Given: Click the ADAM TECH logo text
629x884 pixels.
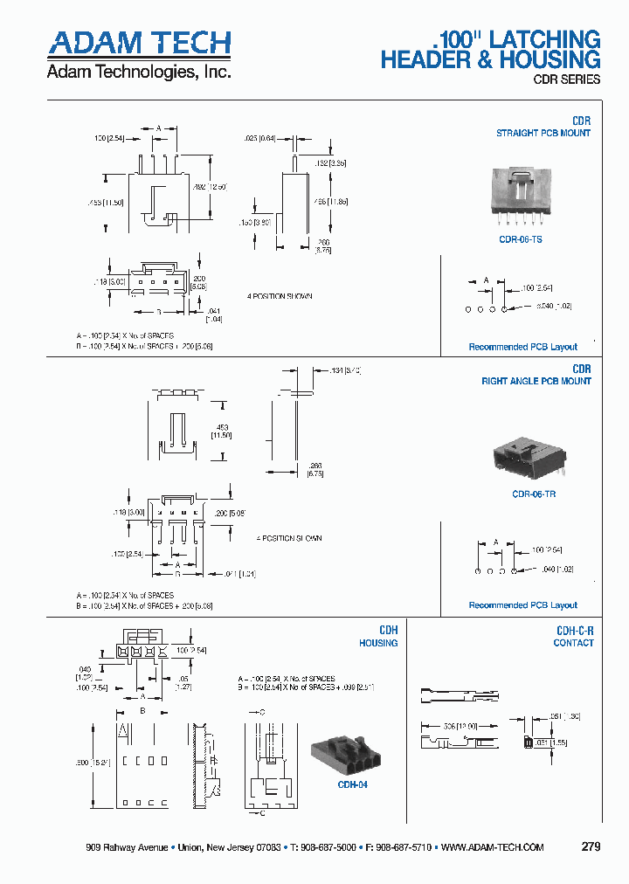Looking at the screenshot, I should (139, 44).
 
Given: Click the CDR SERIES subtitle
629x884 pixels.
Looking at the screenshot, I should (566, 79).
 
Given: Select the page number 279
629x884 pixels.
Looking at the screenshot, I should (591, 847).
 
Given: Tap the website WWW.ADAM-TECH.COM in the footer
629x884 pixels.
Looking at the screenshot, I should (493, 847).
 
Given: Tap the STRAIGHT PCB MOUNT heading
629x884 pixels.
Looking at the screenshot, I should (543, 134).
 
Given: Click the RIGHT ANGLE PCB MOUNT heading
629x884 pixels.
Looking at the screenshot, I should (536, 382).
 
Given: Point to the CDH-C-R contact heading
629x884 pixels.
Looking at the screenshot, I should (575, 630).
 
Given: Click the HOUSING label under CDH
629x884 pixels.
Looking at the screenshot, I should (378, 643).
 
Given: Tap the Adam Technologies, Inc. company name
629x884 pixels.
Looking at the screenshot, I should (139, 73).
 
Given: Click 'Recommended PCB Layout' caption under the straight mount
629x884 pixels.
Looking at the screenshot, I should (523, 347).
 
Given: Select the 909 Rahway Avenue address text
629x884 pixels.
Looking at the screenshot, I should (128, 847).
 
